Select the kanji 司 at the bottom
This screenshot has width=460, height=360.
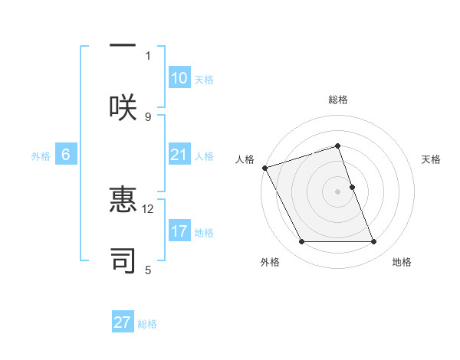[x=123, y=259]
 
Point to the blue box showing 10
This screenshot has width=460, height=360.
[x=179, y=78]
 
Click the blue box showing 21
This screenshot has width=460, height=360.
[x=179, y=155]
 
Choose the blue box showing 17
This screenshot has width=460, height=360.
[x=179, y=231]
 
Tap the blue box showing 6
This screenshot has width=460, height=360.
[x=66, y=155]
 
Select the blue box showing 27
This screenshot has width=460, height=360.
[x=123, y=322]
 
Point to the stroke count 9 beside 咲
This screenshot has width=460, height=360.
[x=148, y=116]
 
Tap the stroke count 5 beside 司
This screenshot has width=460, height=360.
[x=148, y=270]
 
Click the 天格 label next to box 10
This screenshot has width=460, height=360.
[x=204, y=80]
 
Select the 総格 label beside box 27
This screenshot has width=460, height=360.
[x=147, y=324]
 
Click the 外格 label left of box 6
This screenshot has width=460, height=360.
[x=41, y=156]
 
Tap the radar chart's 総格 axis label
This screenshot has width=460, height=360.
[x=338, y=100]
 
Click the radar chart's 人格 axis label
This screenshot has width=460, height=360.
[x=245, y=159]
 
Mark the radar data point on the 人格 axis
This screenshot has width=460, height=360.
[x=264, y=168]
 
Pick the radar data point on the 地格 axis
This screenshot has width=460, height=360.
[x=374, y=242]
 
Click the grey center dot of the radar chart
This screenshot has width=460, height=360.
[x=338, y=191]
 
